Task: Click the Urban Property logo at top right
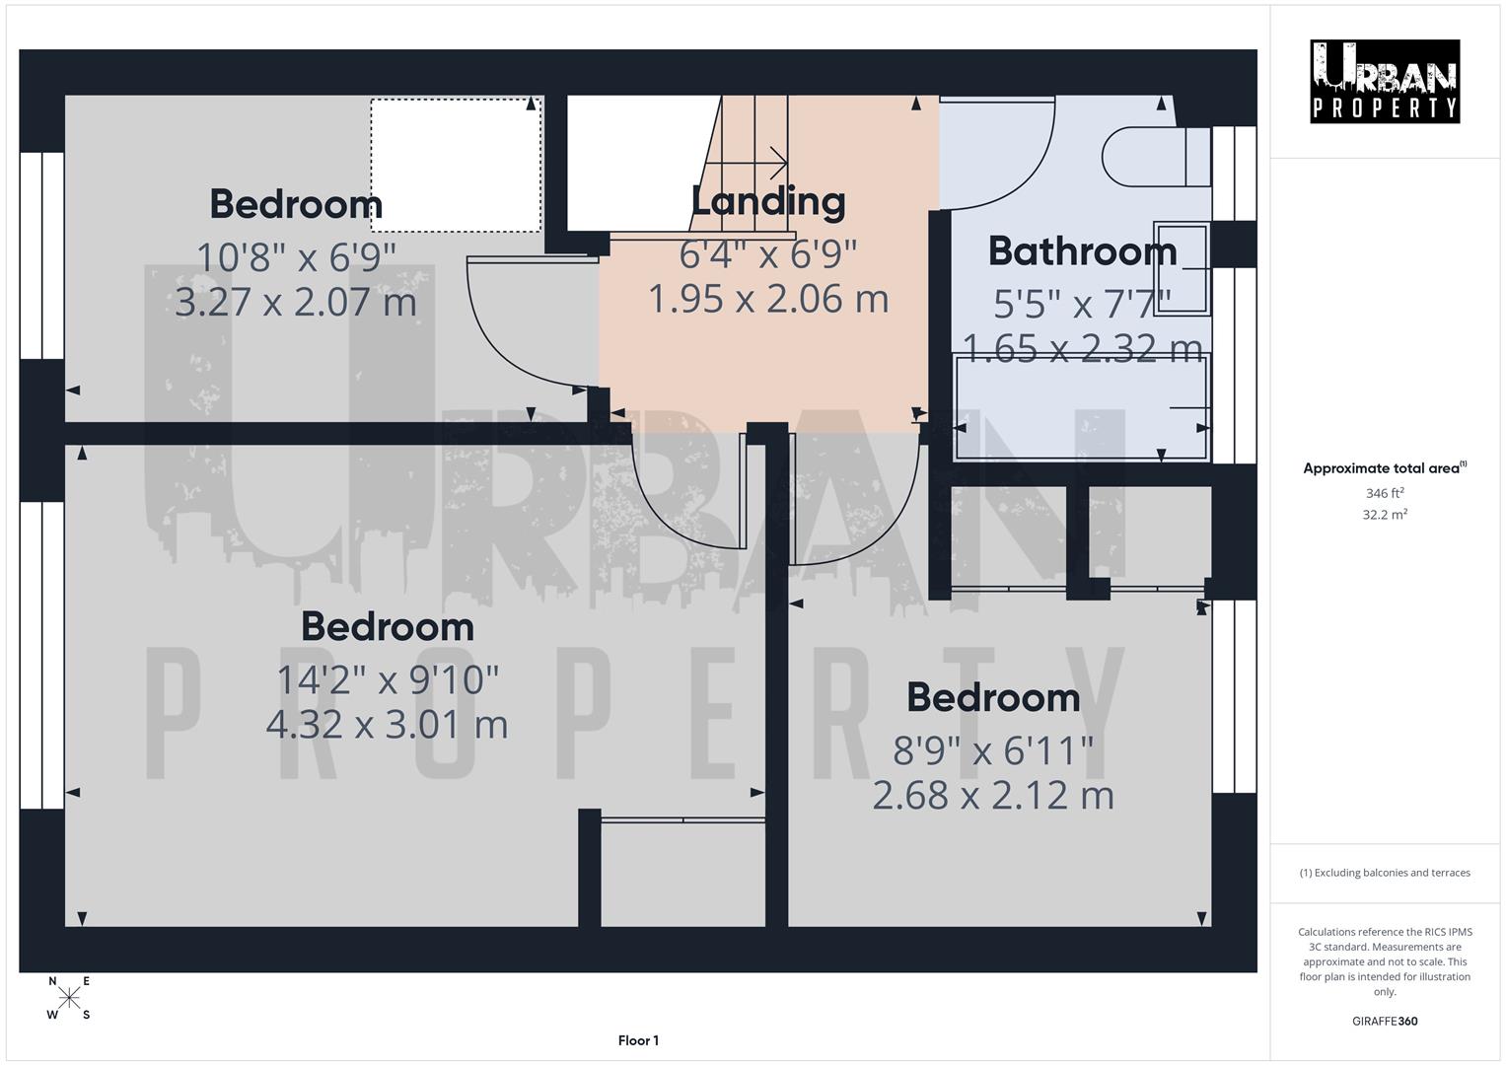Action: click(x=1384, y=82)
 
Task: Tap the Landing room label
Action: click(x=767, y=201)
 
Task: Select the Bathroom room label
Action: click(x=1082, y=251)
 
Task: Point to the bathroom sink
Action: click(x=1181, y=268)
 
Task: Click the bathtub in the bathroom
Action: click(x=1082, y=408)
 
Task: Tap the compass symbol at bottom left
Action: click(x=69, y=998)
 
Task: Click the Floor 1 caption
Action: click(x=638, y=1040)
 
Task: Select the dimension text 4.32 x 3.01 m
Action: click(x=387, y=725)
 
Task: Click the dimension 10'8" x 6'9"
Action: click(x=296, y=256)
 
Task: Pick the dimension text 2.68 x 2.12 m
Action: click(x=992, y=796)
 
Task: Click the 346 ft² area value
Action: click(x=1384, y=493)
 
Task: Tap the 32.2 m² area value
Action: click(x=1384, y=515)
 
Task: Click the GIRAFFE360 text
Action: click(x=1384, y=1021)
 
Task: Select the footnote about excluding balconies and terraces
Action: click(x=1384, y=873)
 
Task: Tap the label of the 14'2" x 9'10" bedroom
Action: click(x=387, y=627)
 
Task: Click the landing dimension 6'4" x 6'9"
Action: click(x=767, y=254)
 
